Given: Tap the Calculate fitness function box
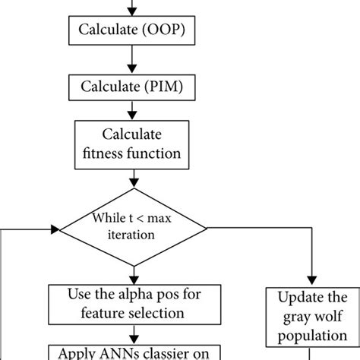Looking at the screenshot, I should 134,144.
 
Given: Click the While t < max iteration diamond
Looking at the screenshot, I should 134,226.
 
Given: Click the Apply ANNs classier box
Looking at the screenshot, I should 134,351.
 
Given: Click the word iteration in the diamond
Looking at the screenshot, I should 134,235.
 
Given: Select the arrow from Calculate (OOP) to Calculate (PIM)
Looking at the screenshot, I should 134,60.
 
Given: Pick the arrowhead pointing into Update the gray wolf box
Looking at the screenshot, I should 312,279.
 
